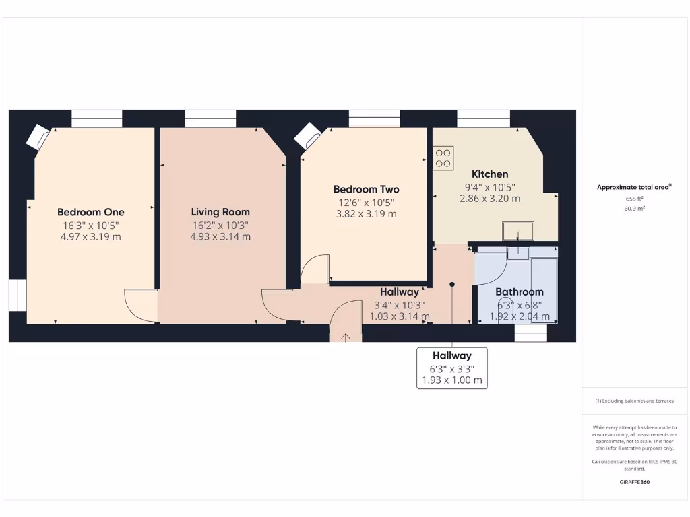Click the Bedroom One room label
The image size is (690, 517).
coord(91,211)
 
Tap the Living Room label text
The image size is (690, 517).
coord(220,211)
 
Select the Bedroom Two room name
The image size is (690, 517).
coord(366,189)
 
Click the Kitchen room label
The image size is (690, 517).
coord(490,174)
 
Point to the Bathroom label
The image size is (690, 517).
coord(519,291)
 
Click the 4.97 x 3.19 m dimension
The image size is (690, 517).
coord(91,236)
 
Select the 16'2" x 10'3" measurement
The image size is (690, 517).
coord(220,224)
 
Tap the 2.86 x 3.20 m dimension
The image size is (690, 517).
coord(490,199)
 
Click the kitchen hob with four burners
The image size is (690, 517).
coord(443,158)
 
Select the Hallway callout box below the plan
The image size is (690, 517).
coord(451,368)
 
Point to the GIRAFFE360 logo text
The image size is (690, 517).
coord(634,482)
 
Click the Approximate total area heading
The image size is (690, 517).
coord(634,188)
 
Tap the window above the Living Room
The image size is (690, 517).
coord(210,118)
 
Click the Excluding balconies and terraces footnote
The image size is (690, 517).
coord(634,401)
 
